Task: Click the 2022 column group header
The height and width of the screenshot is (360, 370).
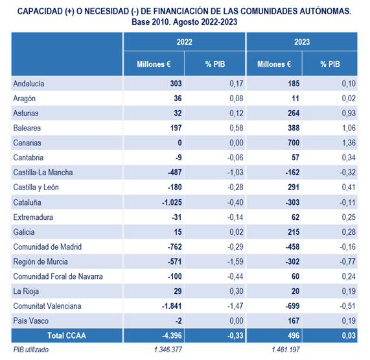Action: tap(184, 42)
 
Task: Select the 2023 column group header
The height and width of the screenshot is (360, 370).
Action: tap(302, 42)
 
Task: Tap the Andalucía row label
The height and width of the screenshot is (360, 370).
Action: tap(29, 84)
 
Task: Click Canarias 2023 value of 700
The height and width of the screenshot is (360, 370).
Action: tap(294, 143)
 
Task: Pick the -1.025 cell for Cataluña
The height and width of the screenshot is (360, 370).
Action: tap(172, 202)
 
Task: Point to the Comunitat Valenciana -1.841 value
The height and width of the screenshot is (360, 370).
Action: tap(172, 306)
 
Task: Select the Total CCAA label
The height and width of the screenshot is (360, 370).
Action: tap(67, 335)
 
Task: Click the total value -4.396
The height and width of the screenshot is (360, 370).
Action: tap(172, 335)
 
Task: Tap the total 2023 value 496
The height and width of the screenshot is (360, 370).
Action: tap(294, 335)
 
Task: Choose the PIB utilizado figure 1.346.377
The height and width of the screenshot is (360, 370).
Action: tap(168, 350)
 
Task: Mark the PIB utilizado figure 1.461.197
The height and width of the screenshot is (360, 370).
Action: tap(286, 350)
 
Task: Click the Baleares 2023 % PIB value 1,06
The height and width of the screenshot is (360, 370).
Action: tap(349, 128)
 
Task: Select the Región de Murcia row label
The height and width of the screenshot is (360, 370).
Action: tap(40, 262)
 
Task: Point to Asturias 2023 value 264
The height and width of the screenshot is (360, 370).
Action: tap(294, 113)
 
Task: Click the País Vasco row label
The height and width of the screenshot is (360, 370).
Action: tap(30, 321)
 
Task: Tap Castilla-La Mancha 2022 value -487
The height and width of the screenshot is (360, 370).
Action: tap(174, 173)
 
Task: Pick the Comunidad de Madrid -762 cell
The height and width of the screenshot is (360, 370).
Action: tap(174, 247)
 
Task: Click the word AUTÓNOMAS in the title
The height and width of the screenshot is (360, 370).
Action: tap(326, 11)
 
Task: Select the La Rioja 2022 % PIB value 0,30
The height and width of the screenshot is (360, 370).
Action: tap(237, 291)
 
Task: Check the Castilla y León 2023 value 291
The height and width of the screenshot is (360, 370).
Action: tap(294, 187)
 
